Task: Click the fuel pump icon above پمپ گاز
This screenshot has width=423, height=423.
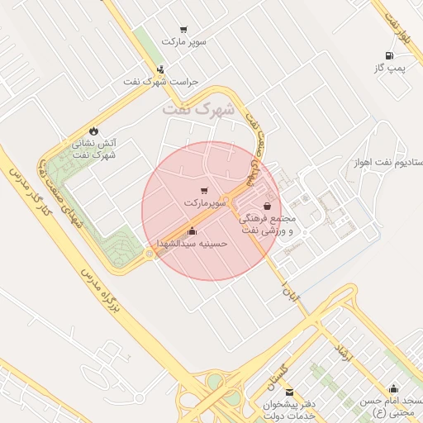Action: [x=385, y=55]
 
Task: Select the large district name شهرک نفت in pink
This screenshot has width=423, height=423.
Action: [x=199, y=108]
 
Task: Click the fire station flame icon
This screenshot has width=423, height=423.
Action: [x=93, y=131]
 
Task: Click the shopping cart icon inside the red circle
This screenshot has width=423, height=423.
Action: [x=204, y=191]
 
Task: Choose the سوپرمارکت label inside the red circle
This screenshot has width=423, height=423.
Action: [x=204, y=202]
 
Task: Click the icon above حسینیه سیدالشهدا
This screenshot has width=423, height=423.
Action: [x=192, y=231]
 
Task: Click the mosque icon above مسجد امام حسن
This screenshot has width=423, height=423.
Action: [x=393, y=388]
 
